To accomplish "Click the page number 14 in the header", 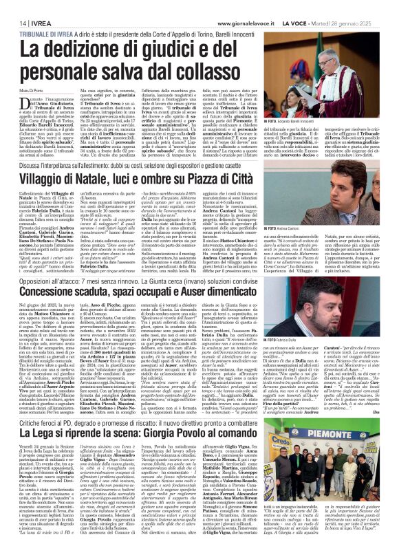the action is pos(14,22).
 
